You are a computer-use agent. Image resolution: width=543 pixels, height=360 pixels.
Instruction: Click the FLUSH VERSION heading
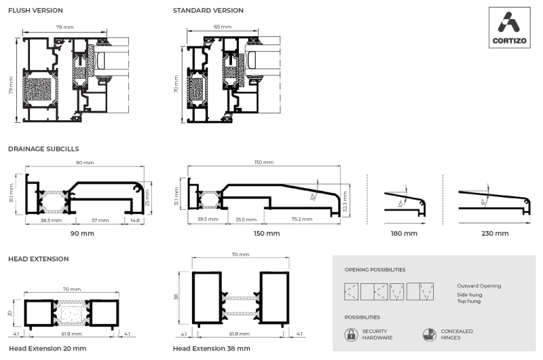point(35,11)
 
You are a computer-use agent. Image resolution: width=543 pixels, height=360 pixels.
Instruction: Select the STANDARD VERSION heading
point(208,11)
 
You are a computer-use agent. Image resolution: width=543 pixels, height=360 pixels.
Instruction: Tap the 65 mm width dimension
point(222,26)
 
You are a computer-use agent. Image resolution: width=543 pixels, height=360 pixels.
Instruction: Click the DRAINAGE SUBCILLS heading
point(43,148)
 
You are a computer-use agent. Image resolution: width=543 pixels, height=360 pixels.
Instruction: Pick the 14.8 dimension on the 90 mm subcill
point(136,220)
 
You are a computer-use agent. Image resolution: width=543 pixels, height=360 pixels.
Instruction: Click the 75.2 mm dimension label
point(302,220)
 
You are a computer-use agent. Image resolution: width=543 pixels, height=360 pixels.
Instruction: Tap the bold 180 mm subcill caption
point(404,234)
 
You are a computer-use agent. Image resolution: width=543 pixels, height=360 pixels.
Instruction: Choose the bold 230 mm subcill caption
point(494,234)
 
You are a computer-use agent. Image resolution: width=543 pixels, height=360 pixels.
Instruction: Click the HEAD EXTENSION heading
point(38,259)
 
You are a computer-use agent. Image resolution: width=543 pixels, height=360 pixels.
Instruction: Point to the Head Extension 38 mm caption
point(211,348)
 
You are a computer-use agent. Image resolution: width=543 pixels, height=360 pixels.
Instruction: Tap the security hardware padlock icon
point(351,334)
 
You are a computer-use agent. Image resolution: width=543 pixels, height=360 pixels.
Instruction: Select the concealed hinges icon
point(429,334)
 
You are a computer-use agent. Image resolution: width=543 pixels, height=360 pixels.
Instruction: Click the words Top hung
point(469,301)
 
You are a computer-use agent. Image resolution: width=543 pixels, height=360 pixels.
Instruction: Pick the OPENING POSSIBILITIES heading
point(375,270)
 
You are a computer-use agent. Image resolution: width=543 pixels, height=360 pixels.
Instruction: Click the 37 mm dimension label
point(100,220)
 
